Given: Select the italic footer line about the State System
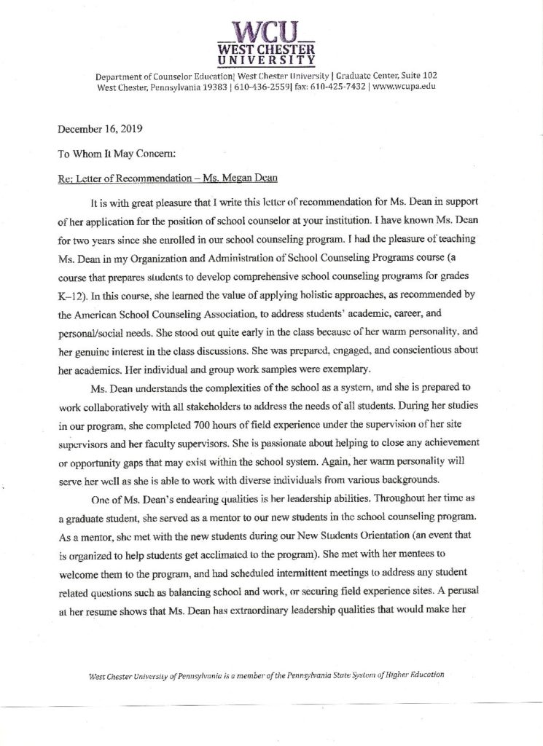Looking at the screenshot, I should click(266, 675).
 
